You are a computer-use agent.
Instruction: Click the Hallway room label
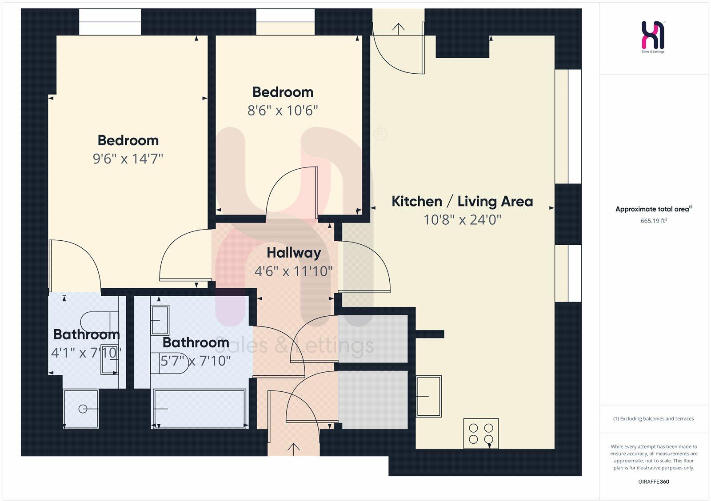pyautogui.click(x=294, y=253)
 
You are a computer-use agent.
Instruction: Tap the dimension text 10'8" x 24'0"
pyautogui.click(x=462, y=219)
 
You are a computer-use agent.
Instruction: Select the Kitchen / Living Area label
pyautogui.click(x=462, y=201)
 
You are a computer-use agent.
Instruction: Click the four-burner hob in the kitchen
pyautogui.click(x=481, y=433)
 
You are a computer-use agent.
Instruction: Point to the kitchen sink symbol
pyautogui.click(x=429, y=396)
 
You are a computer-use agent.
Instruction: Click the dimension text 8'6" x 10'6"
pyautogui.click(x=283, y=110)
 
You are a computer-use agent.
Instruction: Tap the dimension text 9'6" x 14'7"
pyautogui.click(x=128, y=159)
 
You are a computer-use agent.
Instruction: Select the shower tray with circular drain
pyautogui.click(x=81, y=409)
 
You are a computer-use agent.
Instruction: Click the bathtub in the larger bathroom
pyautogui.click(x=200, y=409)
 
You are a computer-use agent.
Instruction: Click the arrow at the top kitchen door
pyautogui.click(x=399, y=28)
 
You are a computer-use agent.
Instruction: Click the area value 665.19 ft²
pyautogui.click(x=654, y=221)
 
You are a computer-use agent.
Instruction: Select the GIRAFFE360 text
pyautogui.click(x=654, y=481)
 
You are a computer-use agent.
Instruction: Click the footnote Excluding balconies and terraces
pyautogui.click(x=654, y=418)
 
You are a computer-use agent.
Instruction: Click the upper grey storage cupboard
pyautogui.click(x=373, y=338)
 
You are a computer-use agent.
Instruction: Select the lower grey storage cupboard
pyautogui.click(x=373, y=400)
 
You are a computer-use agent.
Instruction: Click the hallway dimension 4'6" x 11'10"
pyautogui.click(x=293, y=271)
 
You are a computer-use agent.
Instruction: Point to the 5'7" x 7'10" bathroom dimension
pyautogui.click(x=196, y=361)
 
